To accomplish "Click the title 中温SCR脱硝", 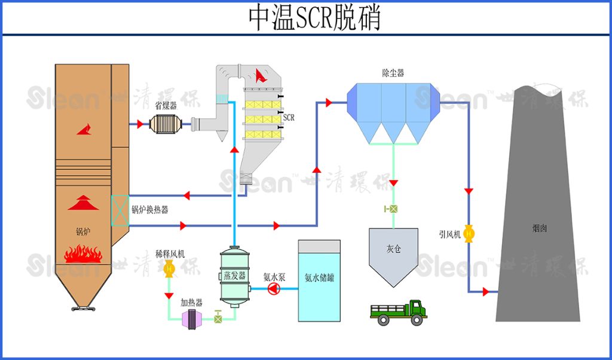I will pyautogui.click(x=314, y=19).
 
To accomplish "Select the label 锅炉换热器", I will pyautogui.click(x=149, y=209).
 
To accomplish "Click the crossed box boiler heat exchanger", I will pyautogui.click(x=120, y=210).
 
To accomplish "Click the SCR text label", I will pyautogui.click(x=289, y=118).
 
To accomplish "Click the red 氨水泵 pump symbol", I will pyautogui.click(x=274, y=289).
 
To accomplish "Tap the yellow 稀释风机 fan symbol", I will pyautogui.click(x=169, y=270).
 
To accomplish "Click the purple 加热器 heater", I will pyautogui.click(x=192, y=319).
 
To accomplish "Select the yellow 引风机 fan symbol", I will pyautogui.click(x=469, y=233).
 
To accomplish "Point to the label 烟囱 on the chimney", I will pyautogui.click(x=540, y=228).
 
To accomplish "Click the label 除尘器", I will pyautogui.click(x=393, y=73).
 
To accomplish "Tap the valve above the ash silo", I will pyautogui.click(x=393, y=209).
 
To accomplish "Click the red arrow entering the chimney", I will pyautogui.click(x=486, y=292).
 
